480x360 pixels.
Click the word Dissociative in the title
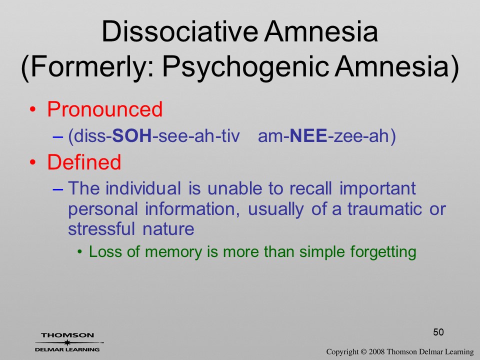click(179, 31)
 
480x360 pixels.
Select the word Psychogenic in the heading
click(245, 66)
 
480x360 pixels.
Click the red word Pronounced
click(104, 109)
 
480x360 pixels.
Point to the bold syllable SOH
click(132, 136)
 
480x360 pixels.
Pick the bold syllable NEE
click(308, 136)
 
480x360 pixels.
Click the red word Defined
click(84, 162)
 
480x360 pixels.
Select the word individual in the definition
click(143, 188)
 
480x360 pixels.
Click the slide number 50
click(438, 332)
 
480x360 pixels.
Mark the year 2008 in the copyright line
click(376, 351)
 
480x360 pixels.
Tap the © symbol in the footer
click(363, 351)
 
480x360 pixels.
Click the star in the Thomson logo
click(67, 342)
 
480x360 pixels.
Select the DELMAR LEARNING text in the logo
click(67, 349)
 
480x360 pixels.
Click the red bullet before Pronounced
click(33, 109)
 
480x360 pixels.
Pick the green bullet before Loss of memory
click(80, 252)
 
